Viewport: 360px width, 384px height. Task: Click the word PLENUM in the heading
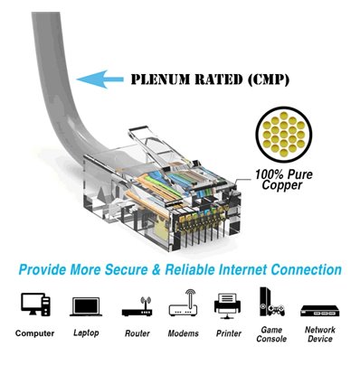pos(162,80)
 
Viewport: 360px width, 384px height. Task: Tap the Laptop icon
pos(85,305)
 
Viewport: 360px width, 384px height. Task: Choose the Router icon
pos(137,307)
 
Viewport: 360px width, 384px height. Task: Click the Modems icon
pos(183,304)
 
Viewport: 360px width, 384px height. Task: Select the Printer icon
pos(226,304)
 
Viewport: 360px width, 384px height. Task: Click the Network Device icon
pos(318,308)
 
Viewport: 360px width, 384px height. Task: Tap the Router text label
pos(137,333)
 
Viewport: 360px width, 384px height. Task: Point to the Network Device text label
pos(318,335)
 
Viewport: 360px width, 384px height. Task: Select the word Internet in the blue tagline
pos(261,269)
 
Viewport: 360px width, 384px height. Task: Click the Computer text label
pos(34,333)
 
